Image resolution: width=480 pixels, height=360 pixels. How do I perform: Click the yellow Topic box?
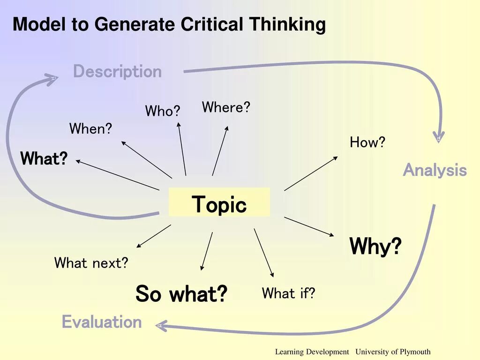219,202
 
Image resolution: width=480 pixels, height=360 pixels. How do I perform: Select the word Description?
117,72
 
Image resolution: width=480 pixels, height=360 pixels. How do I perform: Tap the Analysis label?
435,170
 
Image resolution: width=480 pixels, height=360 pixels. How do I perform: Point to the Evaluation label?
102,322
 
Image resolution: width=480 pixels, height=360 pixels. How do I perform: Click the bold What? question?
44,158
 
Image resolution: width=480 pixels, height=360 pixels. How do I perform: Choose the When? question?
90,128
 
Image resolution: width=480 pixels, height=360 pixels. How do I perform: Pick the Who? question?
162,111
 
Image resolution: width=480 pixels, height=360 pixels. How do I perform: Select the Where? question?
226,107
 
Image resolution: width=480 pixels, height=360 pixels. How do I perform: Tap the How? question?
367,142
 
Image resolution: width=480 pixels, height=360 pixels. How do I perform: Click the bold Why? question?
375,246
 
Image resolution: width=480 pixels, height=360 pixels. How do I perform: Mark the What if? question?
288,293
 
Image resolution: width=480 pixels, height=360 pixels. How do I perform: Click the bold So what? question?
181,294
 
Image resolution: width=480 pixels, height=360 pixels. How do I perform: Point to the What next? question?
91,263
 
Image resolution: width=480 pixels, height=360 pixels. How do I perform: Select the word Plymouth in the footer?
415,352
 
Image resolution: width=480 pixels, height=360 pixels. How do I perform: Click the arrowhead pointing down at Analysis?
438,137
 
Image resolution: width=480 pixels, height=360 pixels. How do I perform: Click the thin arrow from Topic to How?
310,173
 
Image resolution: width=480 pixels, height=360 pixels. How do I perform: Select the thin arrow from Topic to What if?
263,253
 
